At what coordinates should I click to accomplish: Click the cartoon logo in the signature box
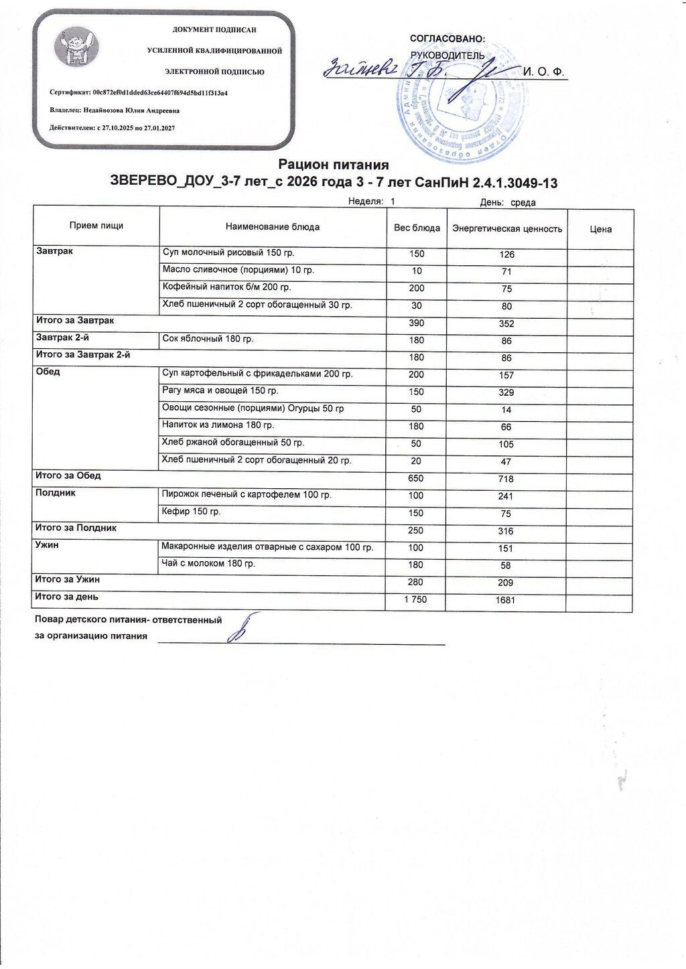coord(76,47)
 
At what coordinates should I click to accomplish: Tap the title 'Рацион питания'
coord(334,165)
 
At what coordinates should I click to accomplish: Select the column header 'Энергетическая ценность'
coord(507,229)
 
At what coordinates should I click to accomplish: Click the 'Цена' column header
coord(600,229)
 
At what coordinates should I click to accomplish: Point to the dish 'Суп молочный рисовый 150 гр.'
coord(228,253)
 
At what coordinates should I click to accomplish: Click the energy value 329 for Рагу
coord(506,392)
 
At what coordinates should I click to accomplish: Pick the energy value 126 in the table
coord(506,254)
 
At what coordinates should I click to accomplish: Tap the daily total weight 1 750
coord(415,599)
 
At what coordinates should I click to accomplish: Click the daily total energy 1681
coord(506,601)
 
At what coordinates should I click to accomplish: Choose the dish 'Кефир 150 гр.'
coord(192,512)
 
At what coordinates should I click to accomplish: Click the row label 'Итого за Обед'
coord(68,476)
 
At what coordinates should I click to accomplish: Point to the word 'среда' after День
coord(523,203)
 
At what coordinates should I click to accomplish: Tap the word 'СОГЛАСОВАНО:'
coord(448,40)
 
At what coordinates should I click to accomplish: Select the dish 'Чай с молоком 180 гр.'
coord(208,564)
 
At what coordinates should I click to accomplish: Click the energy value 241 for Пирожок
coord(506,496)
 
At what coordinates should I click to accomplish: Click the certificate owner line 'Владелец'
coord(115,110)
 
